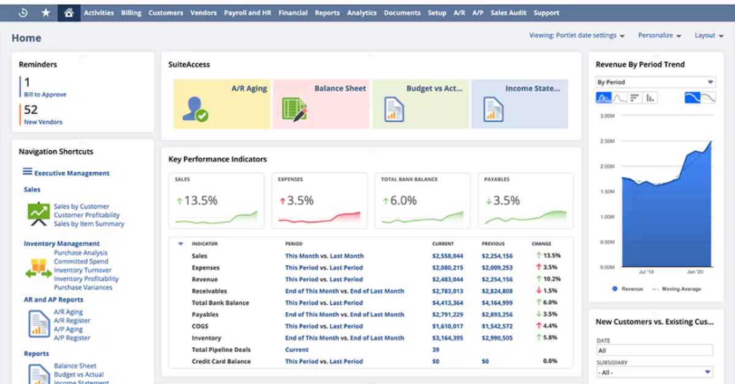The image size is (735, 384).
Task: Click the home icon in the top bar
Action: [69, 13]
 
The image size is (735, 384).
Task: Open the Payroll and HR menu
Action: [248, 13]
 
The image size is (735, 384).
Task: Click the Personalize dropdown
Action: [659, 35]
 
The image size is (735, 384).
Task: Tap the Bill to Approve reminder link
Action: [45, 95]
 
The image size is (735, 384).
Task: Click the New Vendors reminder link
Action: [43, 122]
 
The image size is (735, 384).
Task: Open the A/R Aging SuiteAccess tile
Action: [222, 103]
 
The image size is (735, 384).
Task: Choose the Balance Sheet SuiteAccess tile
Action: [322, 103]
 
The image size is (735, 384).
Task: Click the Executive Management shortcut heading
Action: [72, 173]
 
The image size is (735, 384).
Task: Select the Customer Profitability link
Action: [86, 215]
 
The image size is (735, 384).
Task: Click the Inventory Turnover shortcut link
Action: [83, 270]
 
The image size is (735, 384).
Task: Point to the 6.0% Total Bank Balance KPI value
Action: [403, 201]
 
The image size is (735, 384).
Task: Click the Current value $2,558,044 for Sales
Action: [447, 256]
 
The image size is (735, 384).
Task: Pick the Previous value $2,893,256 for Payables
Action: [497, 314]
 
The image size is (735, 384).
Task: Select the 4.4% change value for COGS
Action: [549, 326]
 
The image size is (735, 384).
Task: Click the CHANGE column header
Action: [541, 243]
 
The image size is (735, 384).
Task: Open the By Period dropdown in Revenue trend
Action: [655, 82]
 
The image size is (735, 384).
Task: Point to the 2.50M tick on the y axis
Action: [606, 141]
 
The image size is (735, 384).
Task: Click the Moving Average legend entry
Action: [681, 289]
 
